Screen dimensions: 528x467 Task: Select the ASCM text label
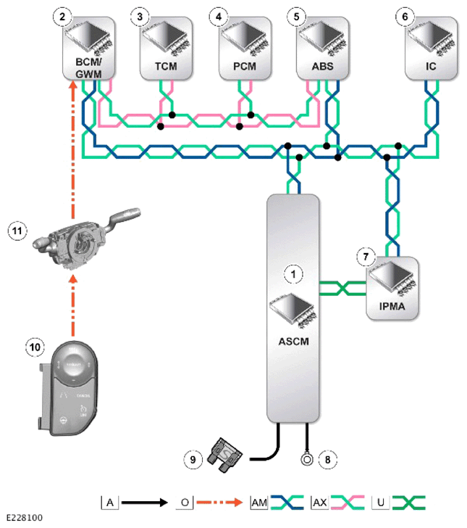click(293, 341)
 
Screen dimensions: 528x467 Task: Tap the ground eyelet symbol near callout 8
click(308, 458)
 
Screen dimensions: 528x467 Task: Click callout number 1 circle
click(293, 275)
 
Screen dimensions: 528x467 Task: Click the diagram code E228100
click(22, 519)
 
